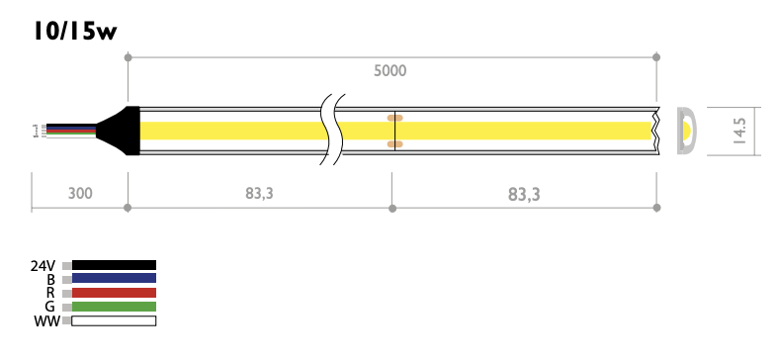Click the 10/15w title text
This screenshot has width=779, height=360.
pyautogui.click(x=75, y=31)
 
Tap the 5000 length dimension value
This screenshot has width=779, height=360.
pyautogui.click(x=390, y=71)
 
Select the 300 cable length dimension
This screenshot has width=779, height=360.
pyautogui.click(x=80, y=193)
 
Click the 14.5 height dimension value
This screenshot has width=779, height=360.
pyautogui.click(x=739, y=132)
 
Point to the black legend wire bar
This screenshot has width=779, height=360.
pyautogui.click(x=114, y=265)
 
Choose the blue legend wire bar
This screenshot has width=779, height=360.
pyautogui.click(x=114, y=279)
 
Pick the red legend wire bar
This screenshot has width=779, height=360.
pyautogui.click(x=114, y=293)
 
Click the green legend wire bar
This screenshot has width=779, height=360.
pyautogui.click(x=114, y=307)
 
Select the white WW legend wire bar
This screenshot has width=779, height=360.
pyautogui.click(x=114, y=320)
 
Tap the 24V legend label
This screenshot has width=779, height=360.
pyautogui.click(x=43, y=266)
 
